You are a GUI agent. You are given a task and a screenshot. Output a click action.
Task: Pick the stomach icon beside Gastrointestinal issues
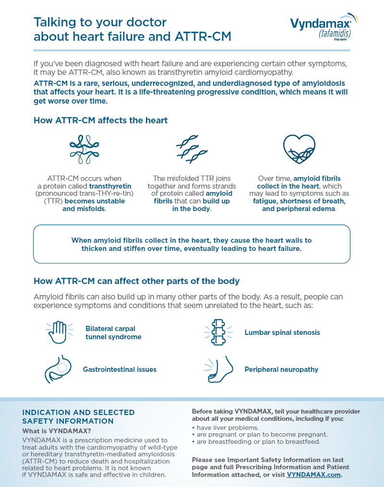coord(59,368)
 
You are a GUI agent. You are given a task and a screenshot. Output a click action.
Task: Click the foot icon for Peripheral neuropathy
coord(220,368)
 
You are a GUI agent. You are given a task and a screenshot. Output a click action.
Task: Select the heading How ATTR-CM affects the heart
coord(101,120)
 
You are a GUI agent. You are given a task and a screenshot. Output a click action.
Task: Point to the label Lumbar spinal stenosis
coord(282,332)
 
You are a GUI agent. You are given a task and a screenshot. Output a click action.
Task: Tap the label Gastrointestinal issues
coord(120,369)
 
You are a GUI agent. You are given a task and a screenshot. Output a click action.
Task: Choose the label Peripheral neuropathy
coord(281,369)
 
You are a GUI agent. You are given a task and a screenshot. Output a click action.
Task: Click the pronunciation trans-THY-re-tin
coord(94,193)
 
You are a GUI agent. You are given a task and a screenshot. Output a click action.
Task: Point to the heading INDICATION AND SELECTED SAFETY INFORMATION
coord(79,416)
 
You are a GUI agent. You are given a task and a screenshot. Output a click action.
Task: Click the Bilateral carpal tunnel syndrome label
coord(113,333)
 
